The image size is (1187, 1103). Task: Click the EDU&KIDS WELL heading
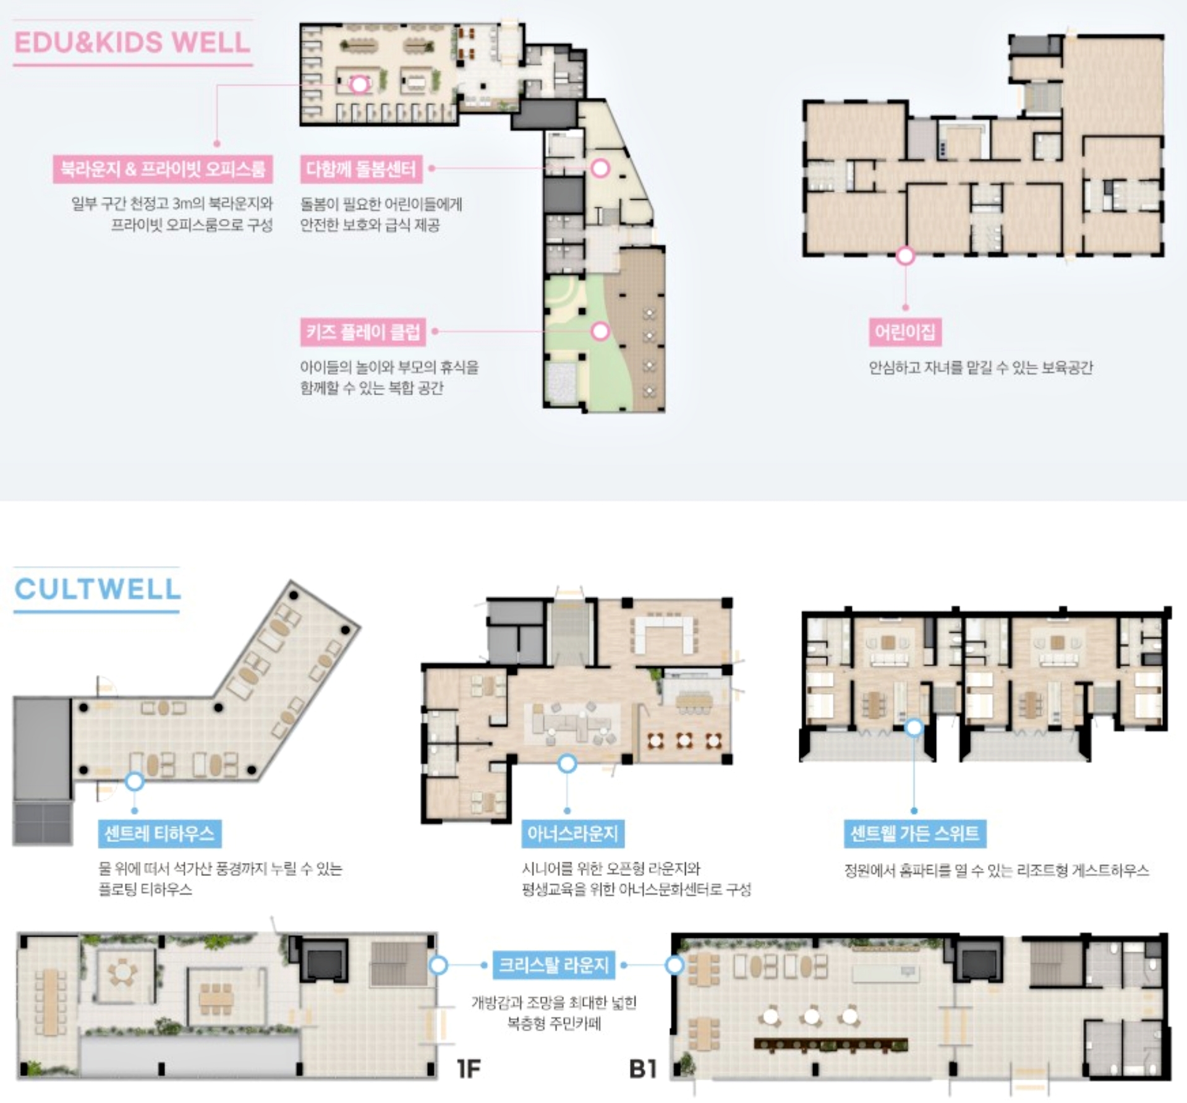tap(132, 42)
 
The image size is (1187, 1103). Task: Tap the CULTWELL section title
tap(98, 589)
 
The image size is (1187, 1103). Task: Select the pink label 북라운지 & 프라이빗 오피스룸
tap(163, 169)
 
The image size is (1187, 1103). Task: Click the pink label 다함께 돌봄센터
tap(362, 169)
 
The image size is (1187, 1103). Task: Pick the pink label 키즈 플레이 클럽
tap(363, 332)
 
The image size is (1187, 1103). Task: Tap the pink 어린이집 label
tap(904, 332)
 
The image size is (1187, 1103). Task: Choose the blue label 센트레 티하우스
tap(160, 834)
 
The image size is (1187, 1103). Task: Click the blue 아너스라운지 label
tap(572, 834)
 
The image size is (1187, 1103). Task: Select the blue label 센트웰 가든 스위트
tap(915, 834)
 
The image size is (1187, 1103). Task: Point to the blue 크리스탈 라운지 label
tap(554, 965)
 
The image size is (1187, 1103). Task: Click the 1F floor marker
tap(469, 1068)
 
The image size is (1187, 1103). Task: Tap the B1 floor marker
tap(643, 1068)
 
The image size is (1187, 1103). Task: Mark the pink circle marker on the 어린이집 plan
tap(905, 255)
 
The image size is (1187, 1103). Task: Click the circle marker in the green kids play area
tap(600, 331)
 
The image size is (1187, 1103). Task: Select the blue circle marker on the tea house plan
tap(134, 781)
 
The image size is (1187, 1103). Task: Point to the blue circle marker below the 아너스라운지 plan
tap(567, 764)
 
